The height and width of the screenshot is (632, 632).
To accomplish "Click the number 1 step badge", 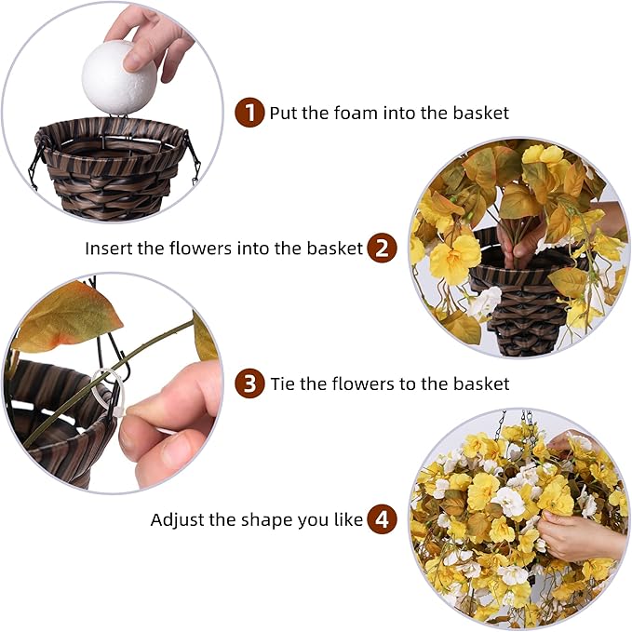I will (x=249, y=114).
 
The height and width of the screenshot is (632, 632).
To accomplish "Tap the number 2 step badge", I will (x=381, y=249).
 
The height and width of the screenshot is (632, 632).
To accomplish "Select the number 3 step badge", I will (x=249, y=383).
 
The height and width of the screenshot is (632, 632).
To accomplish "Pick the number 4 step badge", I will (x=381, y=519).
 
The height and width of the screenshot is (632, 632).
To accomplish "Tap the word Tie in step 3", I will (x=283, y=383).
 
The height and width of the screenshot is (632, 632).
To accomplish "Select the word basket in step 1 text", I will (x=481, y=114).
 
